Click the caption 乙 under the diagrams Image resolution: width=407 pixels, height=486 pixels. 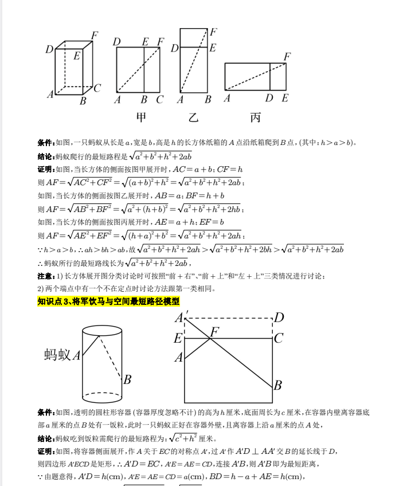pyautogui.click(x=194, y=117)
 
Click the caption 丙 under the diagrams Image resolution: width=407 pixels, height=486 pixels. pyautogui.click(x=256, y=117)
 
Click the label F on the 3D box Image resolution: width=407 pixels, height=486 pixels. pyautogui.click(x=95, y=35)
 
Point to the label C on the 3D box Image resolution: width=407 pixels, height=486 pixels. pyautogui.click(x=97, y=88)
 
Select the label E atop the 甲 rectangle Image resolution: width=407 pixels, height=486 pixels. pyautogui.click(x=145, y=41)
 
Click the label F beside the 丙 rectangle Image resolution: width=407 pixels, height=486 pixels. pyautogui.click(x=287, y=56)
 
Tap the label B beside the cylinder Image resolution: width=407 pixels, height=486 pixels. pyautogui.click(x=127, y=379)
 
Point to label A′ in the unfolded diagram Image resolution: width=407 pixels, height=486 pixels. pyautogui.click(x=180, y=316)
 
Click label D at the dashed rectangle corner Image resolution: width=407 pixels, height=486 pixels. pyautogui.click(x=279, y=318)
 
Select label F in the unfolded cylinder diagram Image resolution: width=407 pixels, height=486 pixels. pyautogui.click(x=216, y=331)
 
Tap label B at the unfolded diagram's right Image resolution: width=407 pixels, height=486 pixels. pyautogui.click(x=277, y=385)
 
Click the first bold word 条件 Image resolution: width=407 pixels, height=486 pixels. pyautogui.click(x=45, y=143)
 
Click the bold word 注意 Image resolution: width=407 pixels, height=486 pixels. pyautogui.click(x=45, y=277)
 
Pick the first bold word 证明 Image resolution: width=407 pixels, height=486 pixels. pyautogui.click(x=45, y=170)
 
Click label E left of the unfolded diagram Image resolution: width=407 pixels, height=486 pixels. pyautogui.click(x=178, y=339)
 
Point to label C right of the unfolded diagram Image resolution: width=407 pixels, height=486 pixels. pyautogui.click(x=278, y=339)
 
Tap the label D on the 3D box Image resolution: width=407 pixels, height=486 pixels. pyautogui.click(x=49, y=49)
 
